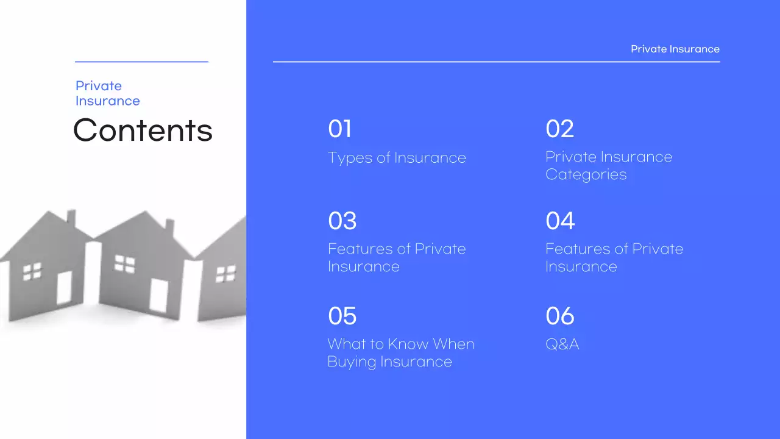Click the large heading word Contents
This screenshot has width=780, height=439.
tap(143, 130)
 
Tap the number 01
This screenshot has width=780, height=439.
tap(339, 129)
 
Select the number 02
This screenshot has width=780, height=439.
tap(559, 129)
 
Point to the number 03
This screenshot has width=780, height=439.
tap(342, 221)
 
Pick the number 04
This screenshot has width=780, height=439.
tap(560, 221)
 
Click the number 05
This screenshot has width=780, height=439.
tap(342, 316)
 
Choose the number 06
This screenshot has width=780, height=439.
tap(560, 316)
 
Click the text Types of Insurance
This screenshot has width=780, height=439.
tap(397, 158)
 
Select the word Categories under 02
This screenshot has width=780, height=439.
tap(586, 174)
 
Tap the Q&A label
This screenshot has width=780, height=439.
tap(562, 344)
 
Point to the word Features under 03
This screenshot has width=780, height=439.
tap(359, 249)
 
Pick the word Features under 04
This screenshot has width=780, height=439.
tap(576, 249)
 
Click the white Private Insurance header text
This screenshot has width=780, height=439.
tap(675, 49)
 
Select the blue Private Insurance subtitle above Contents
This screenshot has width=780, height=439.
tap(107, 93)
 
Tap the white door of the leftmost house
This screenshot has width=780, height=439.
tap(64, 288)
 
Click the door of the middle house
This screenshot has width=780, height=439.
tap(158, 296)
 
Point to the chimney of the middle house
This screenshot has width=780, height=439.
tap(169, 227)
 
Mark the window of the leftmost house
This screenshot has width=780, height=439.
tap(32, 272)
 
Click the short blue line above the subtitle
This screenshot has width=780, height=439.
tap(141, 62)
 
